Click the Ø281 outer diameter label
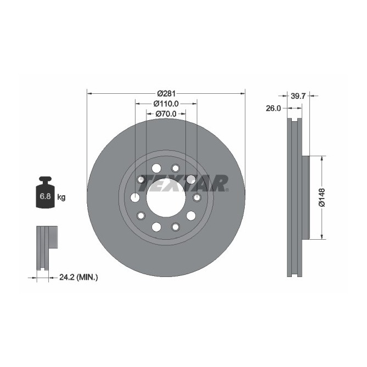click(166, 93)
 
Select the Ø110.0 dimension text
click(166, 104)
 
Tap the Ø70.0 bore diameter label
click(165, 114)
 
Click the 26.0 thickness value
click(273, 108)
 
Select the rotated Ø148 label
click(323, 198)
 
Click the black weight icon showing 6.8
click(45, 194)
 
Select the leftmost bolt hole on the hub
click(135, 197)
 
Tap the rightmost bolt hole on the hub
click(197, 197)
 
